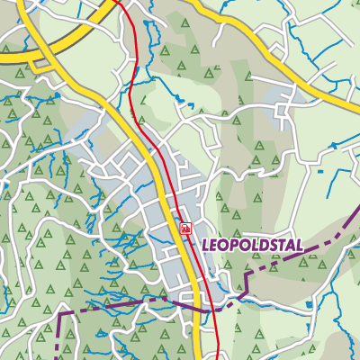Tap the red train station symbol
185,229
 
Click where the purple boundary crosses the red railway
214,308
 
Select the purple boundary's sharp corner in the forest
60,311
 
